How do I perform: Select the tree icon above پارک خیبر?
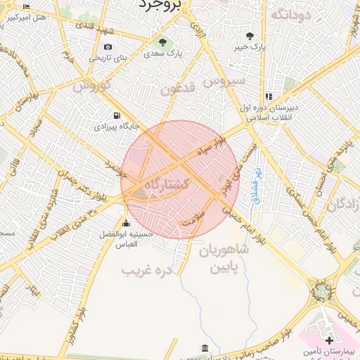(x=250, y=36)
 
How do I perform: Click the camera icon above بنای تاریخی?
(x=108, y=47)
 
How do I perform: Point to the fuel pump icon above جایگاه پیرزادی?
(x=116, y=116)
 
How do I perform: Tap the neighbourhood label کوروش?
(x=91, y=86)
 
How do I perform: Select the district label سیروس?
(x=224, y=82)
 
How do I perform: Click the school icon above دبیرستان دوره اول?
(x=268, y=96)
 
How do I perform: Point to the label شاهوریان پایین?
(x=224, y=259)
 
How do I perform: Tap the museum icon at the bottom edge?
(x=204, y=348)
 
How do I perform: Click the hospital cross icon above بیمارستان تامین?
(x=329, y=340)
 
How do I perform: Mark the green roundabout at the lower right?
(x=322, y=290)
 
